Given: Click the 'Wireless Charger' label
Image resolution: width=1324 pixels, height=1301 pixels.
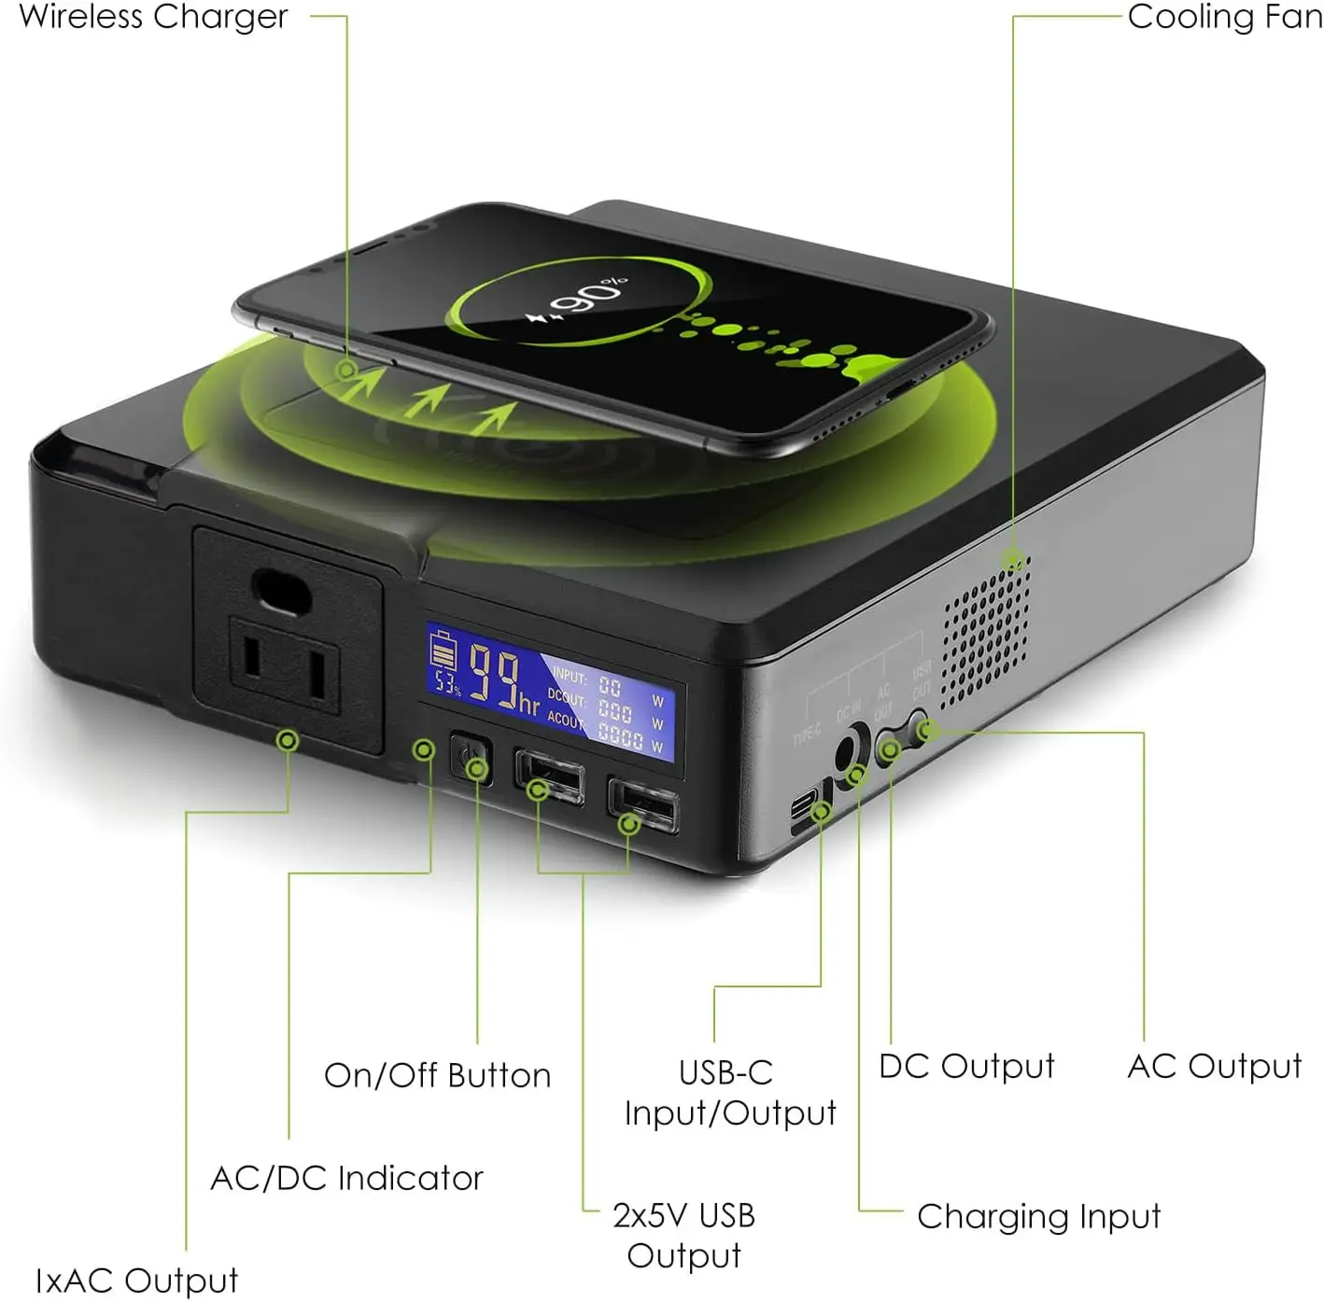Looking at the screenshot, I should pyautogui.click(x=153, y=16).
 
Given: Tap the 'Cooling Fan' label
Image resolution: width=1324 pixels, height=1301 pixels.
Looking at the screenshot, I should pyautogui.click(x=1224, y=16).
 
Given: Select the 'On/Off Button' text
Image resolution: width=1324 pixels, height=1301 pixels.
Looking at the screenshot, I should pyautogui.click(x=437, y=1075).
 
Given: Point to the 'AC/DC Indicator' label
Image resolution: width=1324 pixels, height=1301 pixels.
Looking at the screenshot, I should pyautogui.click(x=346, y=1178).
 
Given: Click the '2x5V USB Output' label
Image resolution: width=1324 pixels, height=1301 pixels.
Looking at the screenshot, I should pyautogui.click(x=683, y=1235).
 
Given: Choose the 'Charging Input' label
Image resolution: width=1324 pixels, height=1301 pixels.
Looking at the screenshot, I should pyautogui.click(x=1038, y=1216).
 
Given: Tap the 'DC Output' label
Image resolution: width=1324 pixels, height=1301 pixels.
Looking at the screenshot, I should pyautogui.click(x=966, y=1066).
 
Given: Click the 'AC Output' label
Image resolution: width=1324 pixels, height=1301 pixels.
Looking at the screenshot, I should pyautogui.click(x=1214, y=1066).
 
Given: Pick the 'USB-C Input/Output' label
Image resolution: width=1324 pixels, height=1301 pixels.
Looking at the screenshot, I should pyautogui.click(x=729, y=1092).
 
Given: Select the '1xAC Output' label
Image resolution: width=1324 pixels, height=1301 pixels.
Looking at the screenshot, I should pyautogui.click(x=136, y=1280).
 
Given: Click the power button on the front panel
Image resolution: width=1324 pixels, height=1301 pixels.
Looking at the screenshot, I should pyautogui.click(x=471, y=757).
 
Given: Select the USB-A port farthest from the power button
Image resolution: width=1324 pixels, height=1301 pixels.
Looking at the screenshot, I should pyautogui.click(x=642, y=803).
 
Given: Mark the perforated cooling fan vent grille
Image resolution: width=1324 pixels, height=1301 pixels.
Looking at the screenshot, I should pyautogui.click(x=985, y=635).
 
